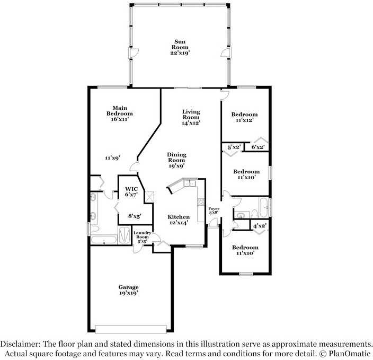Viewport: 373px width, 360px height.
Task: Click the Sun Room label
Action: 180,47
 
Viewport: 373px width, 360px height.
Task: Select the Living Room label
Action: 191,117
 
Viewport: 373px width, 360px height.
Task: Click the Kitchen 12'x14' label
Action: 179,220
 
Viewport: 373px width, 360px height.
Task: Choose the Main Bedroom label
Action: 120,113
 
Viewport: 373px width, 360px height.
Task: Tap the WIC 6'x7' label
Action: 131,191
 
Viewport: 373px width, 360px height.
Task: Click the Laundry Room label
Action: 142,236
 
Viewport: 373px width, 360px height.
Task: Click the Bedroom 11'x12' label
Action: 245,117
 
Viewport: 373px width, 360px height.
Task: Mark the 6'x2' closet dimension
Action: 257,147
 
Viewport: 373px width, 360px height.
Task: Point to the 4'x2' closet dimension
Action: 259,226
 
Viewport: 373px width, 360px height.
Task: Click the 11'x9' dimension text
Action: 112,157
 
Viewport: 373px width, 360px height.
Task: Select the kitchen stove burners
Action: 201,201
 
